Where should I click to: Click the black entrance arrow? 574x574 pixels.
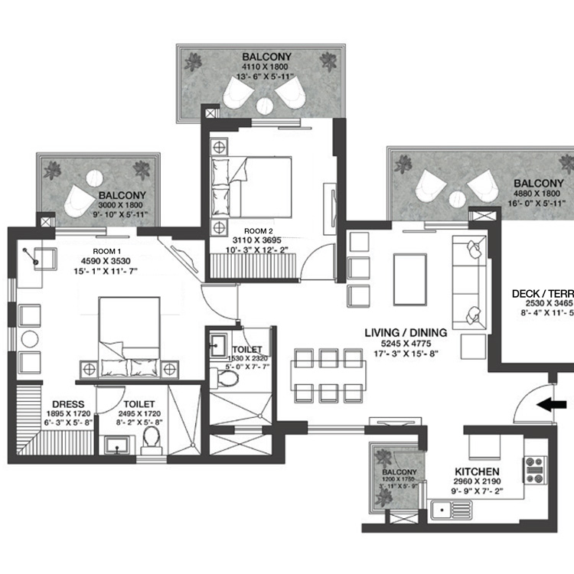click(x=556, y=405)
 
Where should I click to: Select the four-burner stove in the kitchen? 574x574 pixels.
click(x=533, y=468)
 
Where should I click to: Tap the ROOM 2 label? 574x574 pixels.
click(x=258, y=230)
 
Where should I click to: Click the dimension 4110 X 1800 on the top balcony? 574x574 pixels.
click(x=260, y=67)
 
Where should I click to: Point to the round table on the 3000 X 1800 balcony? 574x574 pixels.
click(x=94, y=178)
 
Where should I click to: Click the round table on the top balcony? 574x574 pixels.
click(x=265, y=105)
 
